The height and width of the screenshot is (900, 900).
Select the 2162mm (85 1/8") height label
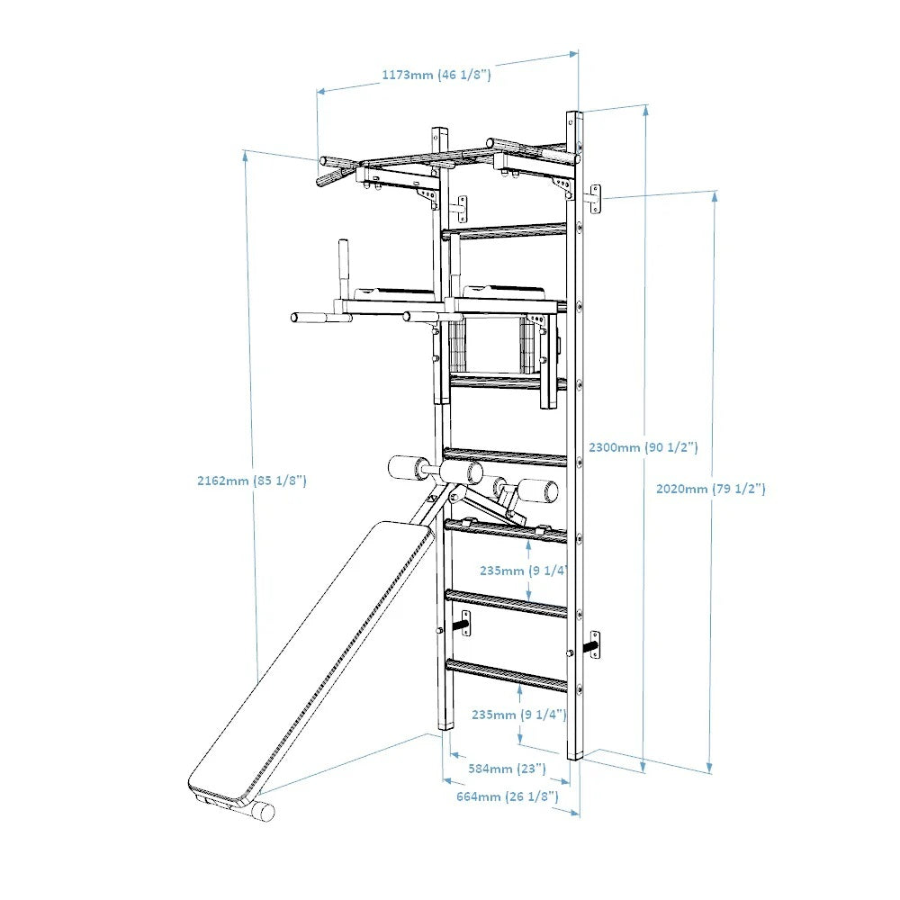[252, 481]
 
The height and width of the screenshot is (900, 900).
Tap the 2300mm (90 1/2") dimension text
[643, 446]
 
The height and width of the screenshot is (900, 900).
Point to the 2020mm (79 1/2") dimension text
[710, 489]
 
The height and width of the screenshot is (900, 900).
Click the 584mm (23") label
[507, 769]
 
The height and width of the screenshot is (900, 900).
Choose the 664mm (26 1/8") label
[507, 796]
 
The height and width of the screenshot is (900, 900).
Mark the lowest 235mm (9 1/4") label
[518, 715]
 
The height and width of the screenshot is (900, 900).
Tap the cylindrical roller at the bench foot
[261, 811]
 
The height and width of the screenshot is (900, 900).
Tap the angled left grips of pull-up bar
[335, 169]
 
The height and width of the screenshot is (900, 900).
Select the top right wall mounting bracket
[594, 198]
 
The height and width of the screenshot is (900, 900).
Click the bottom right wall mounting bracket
[593, 644]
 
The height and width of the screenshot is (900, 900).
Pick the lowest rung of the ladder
[507, 675]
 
